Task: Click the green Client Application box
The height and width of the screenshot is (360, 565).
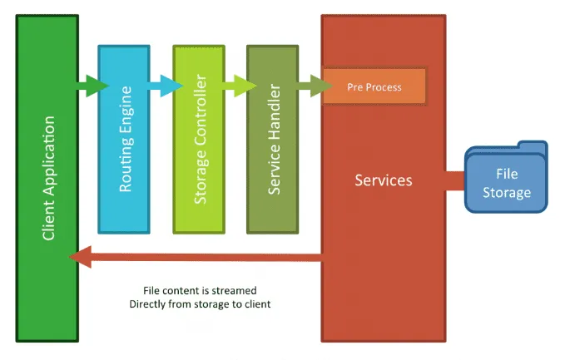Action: click(47, 249)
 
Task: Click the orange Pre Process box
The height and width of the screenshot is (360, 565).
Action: click(374, 86)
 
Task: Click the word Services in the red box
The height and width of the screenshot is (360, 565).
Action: click(384, 180)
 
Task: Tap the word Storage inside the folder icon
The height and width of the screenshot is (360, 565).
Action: click(507, 192)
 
